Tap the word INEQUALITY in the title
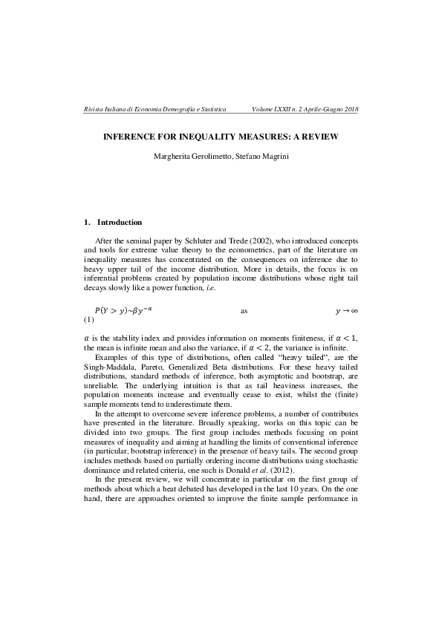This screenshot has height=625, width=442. pyautogui.click(x=204, y=137)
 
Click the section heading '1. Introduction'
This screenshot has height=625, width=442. pyautogui.click(x=113, y=222)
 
